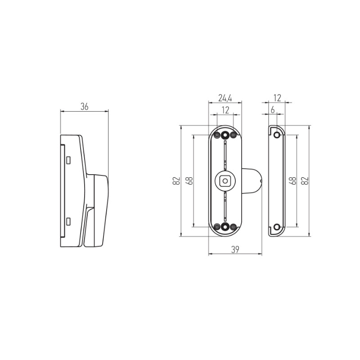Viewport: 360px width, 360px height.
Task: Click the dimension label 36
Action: [x=84, y=107]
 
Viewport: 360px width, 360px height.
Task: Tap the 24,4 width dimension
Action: [x=225, y=98]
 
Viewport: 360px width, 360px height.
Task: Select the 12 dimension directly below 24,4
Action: [x=226, y=110]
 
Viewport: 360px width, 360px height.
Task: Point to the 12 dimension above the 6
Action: [x=277, y=98]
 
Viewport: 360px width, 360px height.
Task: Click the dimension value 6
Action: [x=273, y=110]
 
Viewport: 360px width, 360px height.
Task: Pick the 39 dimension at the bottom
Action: [x=235, y=249]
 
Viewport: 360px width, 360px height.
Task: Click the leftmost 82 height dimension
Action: [x=176, y=181]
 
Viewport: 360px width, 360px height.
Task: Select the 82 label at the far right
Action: [x=305, y=181]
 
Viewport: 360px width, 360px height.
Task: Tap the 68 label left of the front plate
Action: [x=189, y=181]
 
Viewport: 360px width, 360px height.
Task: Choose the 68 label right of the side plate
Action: [x=292, y=181]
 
